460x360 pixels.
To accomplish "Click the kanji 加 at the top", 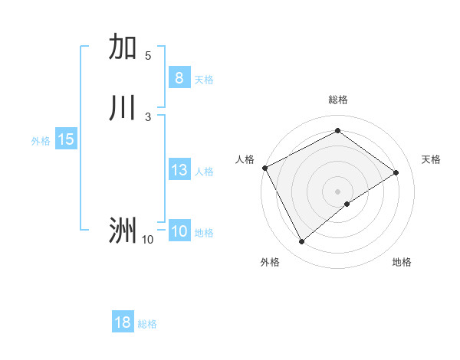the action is (123, 47).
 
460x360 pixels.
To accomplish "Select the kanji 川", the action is (123, 108).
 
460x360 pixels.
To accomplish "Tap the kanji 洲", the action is (123, 230).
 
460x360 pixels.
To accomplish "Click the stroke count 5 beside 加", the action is (148, 55).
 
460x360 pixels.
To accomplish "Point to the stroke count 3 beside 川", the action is (148, 116).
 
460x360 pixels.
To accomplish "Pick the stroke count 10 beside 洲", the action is (147, 240).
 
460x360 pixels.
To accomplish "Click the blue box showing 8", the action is (179, 78).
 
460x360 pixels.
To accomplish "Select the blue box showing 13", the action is (179, 170).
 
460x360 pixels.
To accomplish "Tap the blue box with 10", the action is (179, 231).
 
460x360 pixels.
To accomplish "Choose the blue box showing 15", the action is (65, 139).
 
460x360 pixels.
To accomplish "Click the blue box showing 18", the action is (123, 322).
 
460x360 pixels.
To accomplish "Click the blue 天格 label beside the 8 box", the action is (204, 80).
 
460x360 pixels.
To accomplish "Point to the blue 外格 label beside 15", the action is (41, 141).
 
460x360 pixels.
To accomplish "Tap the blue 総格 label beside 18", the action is (147, 324).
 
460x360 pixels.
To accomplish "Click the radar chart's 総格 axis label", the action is (337, 100).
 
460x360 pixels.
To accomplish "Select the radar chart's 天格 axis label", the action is (431, 159).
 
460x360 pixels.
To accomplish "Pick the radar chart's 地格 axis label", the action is (402, 262).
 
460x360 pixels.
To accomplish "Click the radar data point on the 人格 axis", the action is (264, 168).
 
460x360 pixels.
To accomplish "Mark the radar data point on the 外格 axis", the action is (302, 242).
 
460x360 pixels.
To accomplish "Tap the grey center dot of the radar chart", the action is (337, 191).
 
